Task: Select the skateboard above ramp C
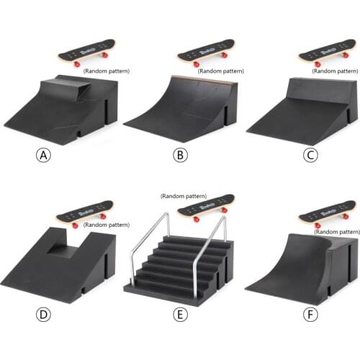[328, 52]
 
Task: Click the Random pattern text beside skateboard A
[104, 71]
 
